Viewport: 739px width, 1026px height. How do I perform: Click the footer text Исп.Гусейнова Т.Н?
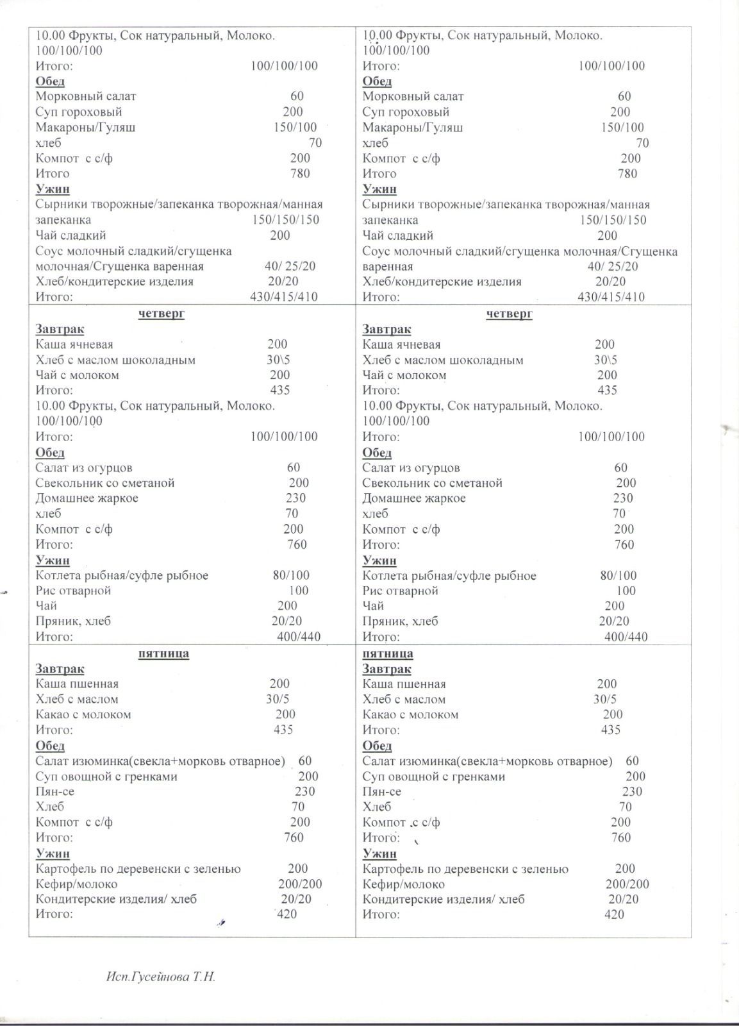[161, 977]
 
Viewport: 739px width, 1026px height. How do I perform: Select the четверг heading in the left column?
[162, 314]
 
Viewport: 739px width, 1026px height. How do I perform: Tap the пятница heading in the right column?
[388, 653]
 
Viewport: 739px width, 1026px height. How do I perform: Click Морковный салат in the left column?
[86, 96]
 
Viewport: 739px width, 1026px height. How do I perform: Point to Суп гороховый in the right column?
[406, 112]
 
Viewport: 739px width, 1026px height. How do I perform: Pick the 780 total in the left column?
[300, 173]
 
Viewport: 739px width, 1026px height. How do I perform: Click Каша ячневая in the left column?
[74, 344]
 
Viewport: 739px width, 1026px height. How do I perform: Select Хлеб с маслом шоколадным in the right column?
[443, 360]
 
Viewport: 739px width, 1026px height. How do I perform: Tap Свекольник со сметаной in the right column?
[432, 483]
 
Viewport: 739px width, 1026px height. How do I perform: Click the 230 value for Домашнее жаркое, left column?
[295, 498]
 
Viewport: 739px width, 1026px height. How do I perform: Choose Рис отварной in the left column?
[73, 590]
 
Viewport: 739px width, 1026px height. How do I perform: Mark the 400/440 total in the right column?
[626, 637]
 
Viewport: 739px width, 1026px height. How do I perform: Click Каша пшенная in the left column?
[77, 684]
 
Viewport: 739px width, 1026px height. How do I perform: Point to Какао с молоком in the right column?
[410, 714]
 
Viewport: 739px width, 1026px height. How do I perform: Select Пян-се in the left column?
[55, 791]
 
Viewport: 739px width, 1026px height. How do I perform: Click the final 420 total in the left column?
[286, 914]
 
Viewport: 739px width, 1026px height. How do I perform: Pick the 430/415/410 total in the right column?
[611, 297]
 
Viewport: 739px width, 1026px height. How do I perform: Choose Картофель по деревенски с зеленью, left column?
[138, 868]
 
